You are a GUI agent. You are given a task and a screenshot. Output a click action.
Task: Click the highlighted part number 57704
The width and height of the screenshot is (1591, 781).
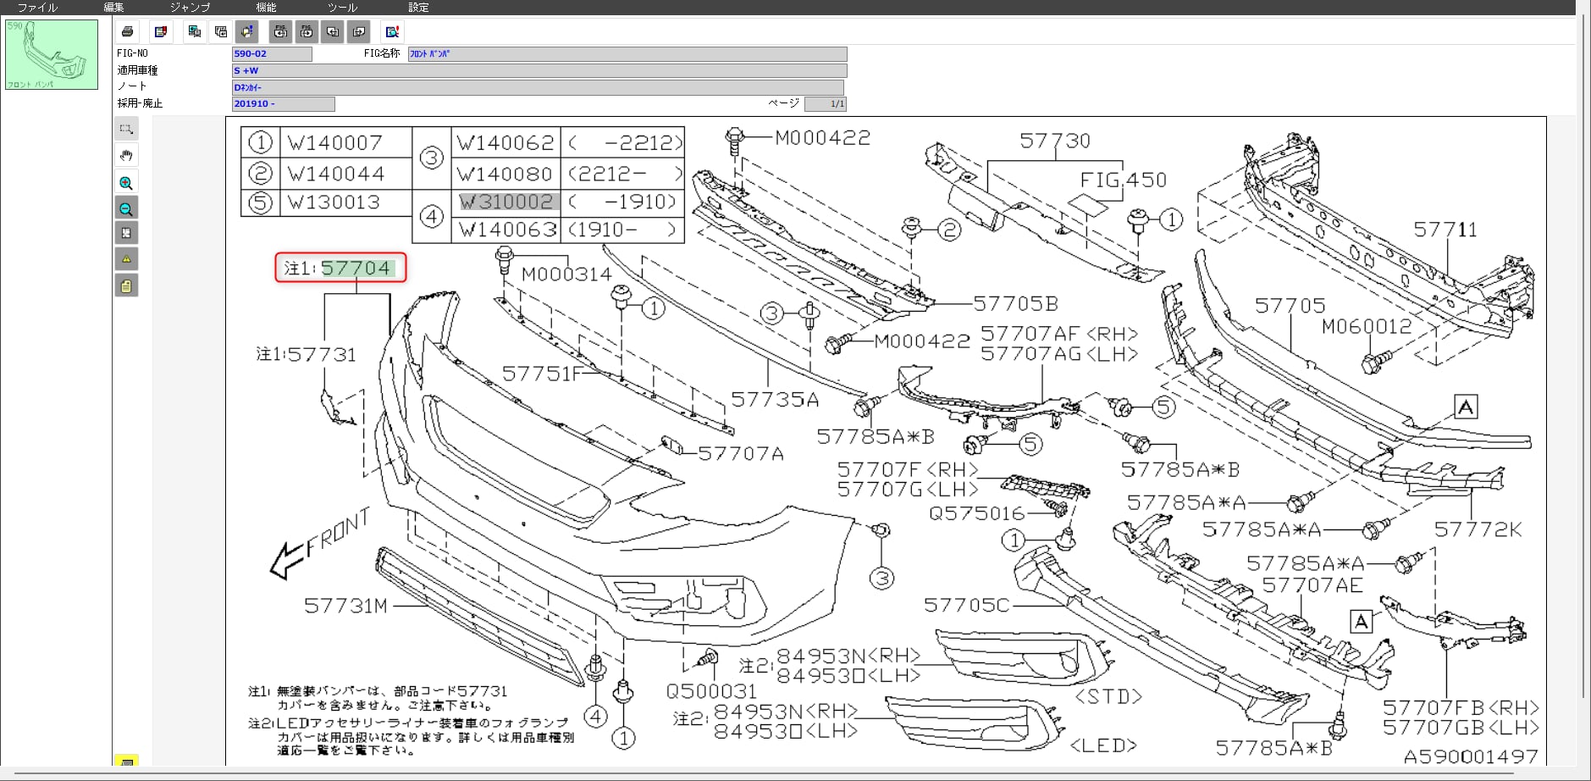point(356,269)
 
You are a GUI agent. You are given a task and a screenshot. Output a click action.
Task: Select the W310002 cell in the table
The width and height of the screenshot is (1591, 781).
point(506,202)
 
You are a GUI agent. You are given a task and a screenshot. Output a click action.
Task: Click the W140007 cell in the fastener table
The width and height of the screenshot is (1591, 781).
point(335,142)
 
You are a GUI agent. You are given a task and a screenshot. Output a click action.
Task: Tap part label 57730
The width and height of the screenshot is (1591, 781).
point(1054,141)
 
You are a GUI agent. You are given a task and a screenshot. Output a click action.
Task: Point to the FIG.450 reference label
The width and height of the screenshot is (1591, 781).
point(1123,180)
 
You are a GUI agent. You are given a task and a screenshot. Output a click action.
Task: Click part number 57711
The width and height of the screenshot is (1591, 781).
point(1445,230)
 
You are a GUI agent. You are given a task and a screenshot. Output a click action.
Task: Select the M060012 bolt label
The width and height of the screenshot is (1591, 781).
point(1366,326)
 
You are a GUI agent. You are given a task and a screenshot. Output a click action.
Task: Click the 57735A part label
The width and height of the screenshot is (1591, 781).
point(775,399)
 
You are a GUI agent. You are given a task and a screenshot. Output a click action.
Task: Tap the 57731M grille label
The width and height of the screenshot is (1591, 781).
point(345,606)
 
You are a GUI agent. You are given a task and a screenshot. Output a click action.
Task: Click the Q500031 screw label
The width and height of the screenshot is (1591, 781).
point(711,691)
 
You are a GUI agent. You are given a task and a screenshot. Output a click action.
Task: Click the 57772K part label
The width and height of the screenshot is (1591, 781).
point(1478,529)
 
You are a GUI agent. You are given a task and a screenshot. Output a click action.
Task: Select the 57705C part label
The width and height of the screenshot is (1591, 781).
point(966,605)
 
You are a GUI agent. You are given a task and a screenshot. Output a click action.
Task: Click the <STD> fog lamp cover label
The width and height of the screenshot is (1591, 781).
point(1108,696)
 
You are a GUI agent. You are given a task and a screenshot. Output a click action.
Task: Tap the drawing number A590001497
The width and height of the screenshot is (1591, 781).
point(1470,756)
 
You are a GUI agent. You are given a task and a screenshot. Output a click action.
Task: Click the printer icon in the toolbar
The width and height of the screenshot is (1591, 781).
point(127,31)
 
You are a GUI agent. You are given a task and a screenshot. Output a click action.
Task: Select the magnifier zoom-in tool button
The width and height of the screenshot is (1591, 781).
point(126,183)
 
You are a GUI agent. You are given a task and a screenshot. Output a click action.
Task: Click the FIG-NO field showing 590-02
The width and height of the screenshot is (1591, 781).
point(272,54)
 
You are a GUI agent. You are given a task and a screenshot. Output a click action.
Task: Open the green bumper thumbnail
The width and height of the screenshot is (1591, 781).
point(52,54)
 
